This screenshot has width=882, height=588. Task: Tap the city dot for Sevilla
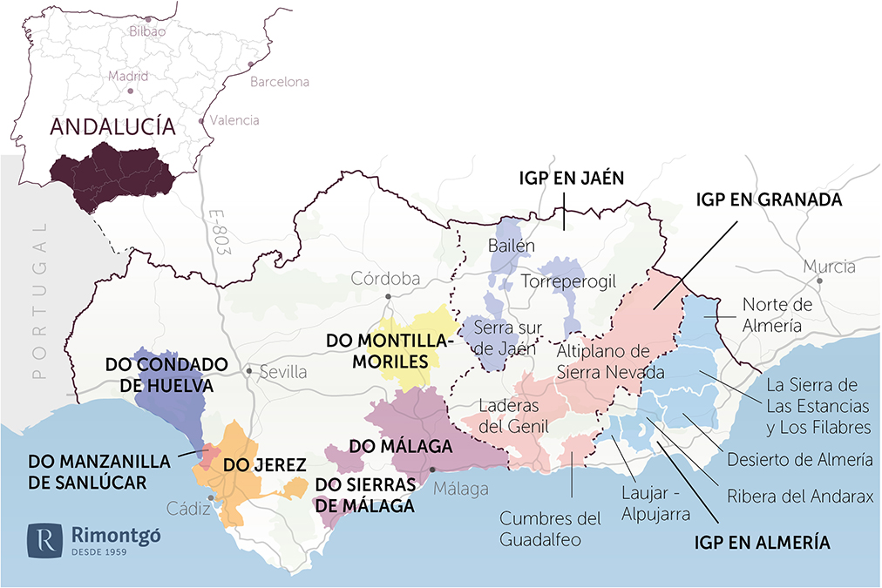(249, 371)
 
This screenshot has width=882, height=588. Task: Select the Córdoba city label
(385, 279)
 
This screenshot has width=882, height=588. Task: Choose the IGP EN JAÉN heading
(568, 179)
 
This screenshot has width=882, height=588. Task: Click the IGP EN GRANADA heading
(768, 199)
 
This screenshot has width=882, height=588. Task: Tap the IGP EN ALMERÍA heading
(762, 543)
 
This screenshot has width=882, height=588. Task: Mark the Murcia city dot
(820, 281)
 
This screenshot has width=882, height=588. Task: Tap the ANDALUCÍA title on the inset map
(112, 126)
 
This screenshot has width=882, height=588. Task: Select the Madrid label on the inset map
(129, 77)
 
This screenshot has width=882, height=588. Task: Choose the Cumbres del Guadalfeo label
(550, 529)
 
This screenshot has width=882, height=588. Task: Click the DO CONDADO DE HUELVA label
(166, 373)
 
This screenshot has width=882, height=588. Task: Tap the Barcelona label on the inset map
(280, 82)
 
